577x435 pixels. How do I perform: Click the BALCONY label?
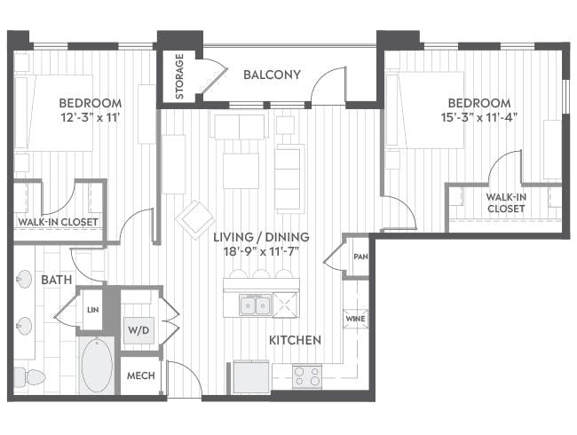pos(272,75)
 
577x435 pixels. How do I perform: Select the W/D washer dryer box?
pos(139,330)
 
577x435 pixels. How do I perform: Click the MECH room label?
pos(141,376)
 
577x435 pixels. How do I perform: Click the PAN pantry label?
pos(360,256)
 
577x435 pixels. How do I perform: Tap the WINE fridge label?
pos(355,319)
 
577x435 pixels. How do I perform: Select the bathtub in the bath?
pos(97,365)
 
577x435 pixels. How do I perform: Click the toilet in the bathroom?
pos(32,376)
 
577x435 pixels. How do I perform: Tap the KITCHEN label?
pos(295,340)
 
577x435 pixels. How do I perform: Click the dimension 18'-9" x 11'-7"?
pos(260,253)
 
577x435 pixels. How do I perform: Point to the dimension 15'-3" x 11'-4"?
pos(479,118)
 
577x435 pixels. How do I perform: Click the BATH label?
pos(57,280)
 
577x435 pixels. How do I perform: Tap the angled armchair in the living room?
pos(194,218)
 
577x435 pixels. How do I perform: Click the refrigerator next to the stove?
pos(252,374)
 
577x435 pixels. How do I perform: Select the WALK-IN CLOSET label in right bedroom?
pos(506,202)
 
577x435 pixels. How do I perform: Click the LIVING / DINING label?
pos(260,237)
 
